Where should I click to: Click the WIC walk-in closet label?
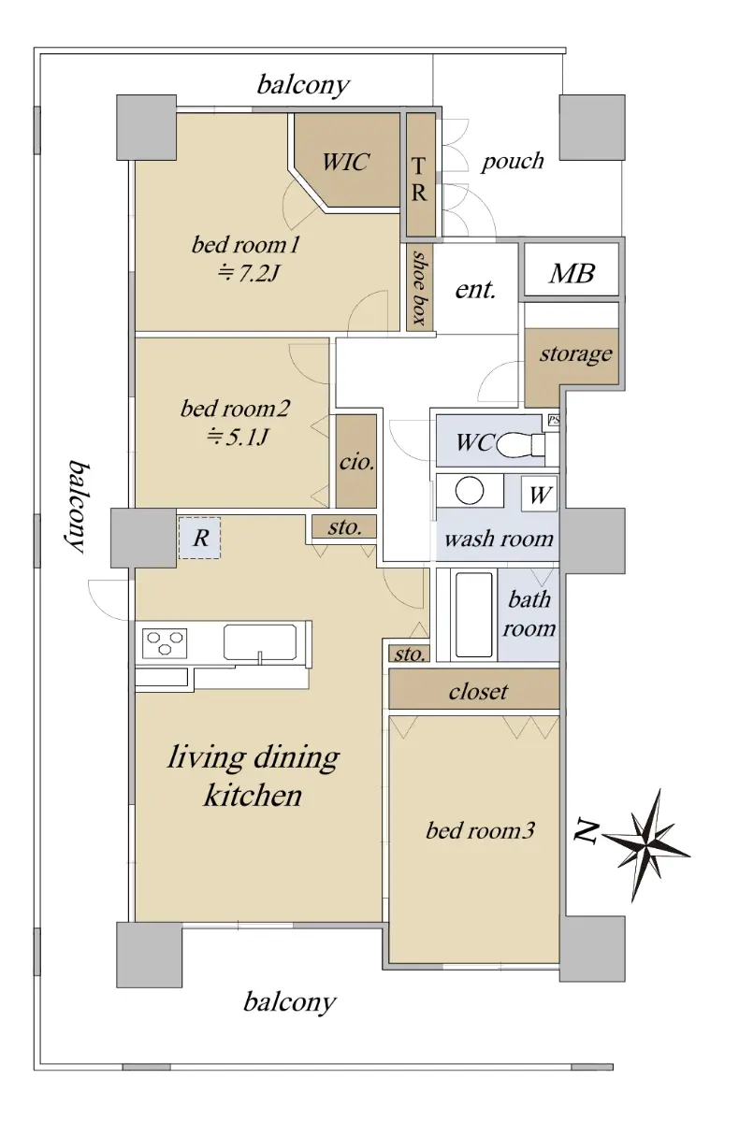pos(346,162)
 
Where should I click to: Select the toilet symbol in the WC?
pos(521,443)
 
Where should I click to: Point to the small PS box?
pos(553,420)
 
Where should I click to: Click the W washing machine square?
pos(539,495)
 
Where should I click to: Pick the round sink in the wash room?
pos(470,490)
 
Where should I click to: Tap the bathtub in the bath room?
pos(473,614)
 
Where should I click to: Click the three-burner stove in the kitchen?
pos(165,643)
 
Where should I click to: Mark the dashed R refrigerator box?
pos(199,538)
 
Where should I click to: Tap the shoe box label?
pos(420,288)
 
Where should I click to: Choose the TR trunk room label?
pos(419,179)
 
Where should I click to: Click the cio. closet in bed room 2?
pos(356,461)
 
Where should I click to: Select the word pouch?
pos(513,162)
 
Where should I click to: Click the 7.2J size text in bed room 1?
pos(248,273)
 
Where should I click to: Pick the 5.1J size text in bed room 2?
pos(238,438)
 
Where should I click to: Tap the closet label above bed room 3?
pos(478,692)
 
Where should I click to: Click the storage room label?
pos(575,354)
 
